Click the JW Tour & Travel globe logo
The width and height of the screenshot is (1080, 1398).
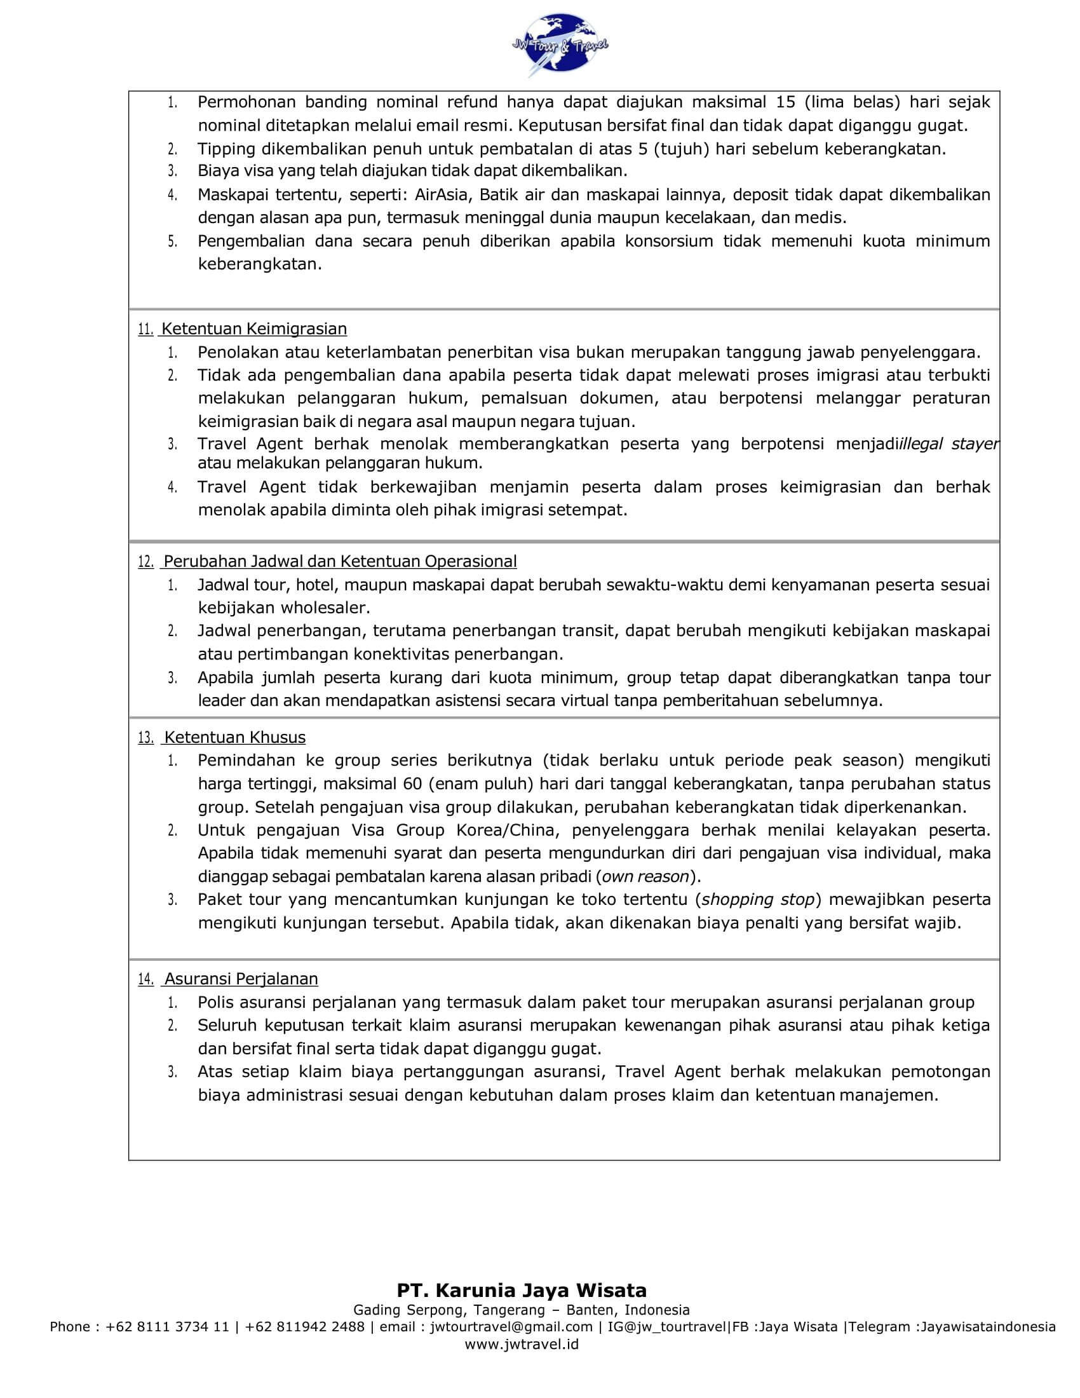coord(559,44)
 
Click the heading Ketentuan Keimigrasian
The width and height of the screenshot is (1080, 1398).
coord(253,329)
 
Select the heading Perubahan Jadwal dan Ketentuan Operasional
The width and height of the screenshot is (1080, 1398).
coord(340,561)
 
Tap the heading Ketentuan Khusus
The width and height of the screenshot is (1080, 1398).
coord(235,737)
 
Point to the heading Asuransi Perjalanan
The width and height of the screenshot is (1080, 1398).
coord(241,979)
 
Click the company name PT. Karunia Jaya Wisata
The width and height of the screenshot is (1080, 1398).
coord(522,1290)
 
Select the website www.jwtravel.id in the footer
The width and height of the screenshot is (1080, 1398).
coord(522,1344)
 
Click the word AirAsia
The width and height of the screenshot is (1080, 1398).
coord(441,194)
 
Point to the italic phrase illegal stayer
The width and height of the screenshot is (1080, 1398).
coord(950,444)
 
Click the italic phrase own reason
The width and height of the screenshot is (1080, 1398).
coord(645,876)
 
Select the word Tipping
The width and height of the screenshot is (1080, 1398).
coord(228,149)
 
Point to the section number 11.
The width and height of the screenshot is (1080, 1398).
coord(145,330)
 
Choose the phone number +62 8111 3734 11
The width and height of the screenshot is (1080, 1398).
coord(167,1326)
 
